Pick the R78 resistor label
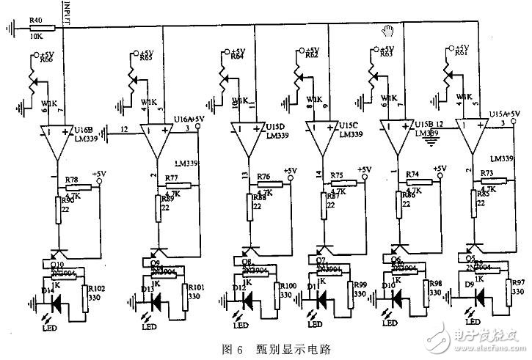point(71,180)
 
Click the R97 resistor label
point(518,282)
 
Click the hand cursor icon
point(389,30)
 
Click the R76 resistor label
point(263,176)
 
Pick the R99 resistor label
point(360,284)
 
